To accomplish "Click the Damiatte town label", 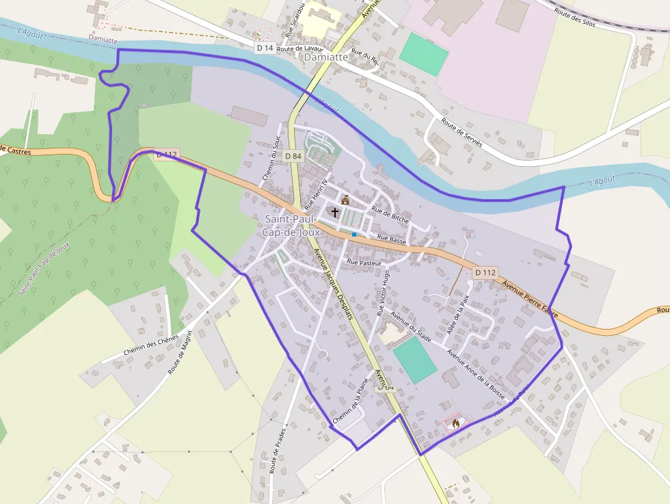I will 325,57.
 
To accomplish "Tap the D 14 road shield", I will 265,48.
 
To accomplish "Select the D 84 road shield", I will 293,156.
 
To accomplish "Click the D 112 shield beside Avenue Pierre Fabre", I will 485,272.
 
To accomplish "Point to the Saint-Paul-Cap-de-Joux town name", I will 292,226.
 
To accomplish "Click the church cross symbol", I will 334,212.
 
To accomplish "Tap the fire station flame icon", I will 455,423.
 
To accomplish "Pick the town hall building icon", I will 345,200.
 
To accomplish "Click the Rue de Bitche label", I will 390,215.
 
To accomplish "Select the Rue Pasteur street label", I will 364,262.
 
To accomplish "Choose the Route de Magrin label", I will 180,352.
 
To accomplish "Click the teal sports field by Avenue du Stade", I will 414,360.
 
